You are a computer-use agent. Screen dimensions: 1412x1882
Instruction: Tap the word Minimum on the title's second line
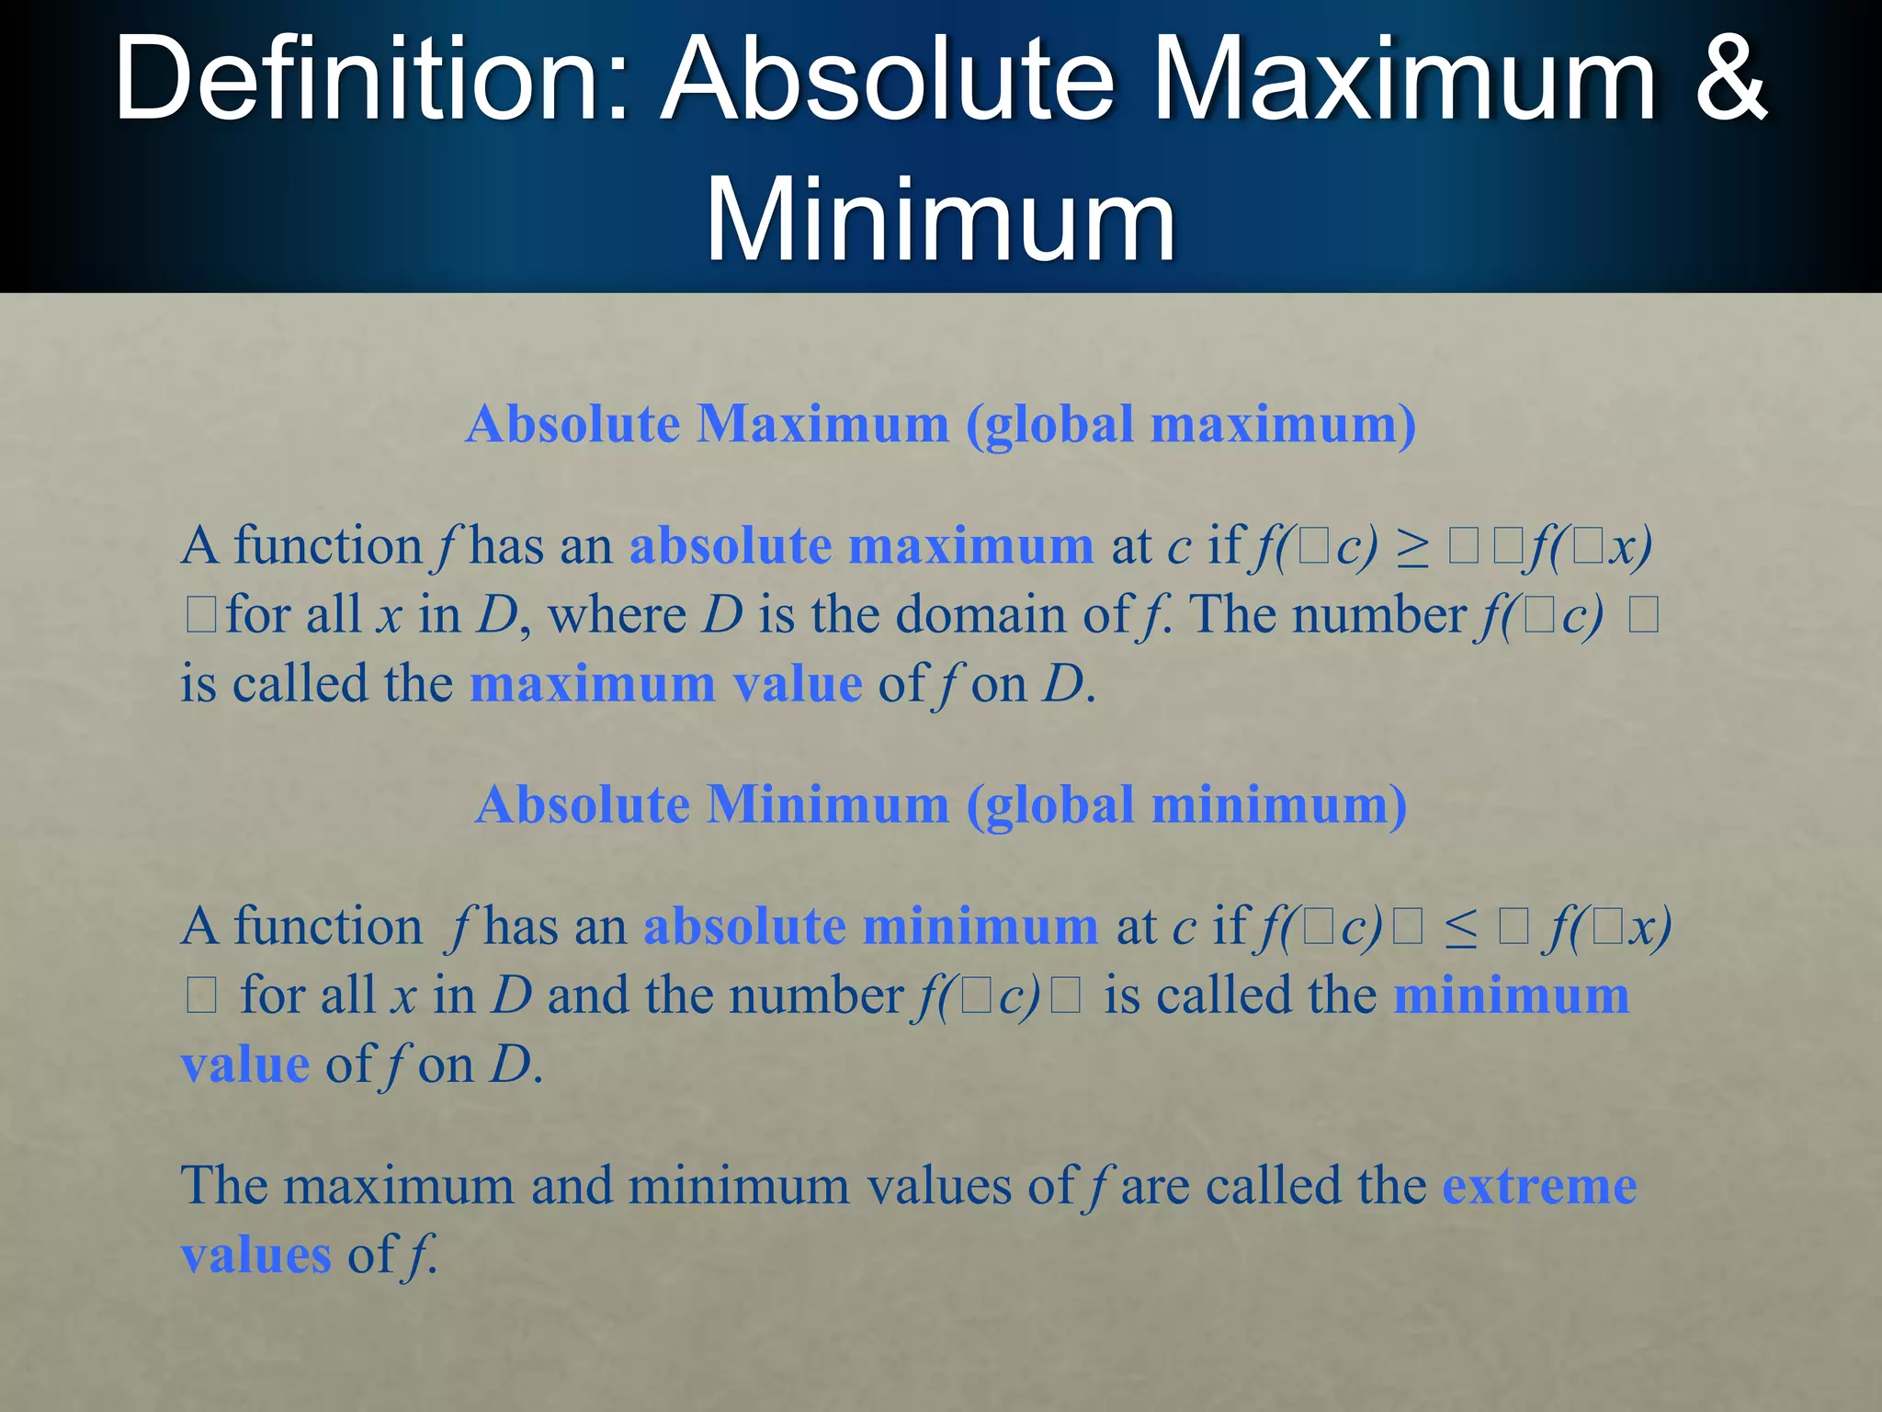pyautogui.click(x=939, y=221)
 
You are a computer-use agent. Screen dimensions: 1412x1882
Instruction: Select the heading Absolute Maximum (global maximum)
pyautogui.click(x=940, y=425)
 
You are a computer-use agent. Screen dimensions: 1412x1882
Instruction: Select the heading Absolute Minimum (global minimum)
pyautogui.click(x=940, y=805)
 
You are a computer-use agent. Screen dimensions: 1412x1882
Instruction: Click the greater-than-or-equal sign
pyautogui.click(x=1412, y=548)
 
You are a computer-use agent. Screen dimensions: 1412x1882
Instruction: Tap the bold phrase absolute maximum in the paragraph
pyautogui.click(x=861, y=546)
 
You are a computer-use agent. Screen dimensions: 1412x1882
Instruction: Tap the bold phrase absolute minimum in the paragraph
pyautogui.click(x=870, y=927)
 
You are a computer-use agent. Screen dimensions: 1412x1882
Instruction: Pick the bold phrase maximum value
pyautogui.click(x=665, y=685)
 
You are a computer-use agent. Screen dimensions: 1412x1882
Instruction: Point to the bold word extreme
pyautogui.click(x=1539, y=1186)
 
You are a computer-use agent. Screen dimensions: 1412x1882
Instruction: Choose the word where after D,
pyautogui.click(x=617, y=615)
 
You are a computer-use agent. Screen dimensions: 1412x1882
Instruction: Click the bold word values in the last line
pyautogui.click(x=255, y=1256)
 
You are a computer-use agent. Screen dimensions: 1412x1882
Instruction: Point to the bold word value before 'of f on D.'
pyautogui.click(x=244, y=1066)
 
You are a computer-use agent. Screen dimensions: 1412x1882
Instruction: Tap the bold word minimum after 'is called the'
pyautogui.click(x=1511, y=996)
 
